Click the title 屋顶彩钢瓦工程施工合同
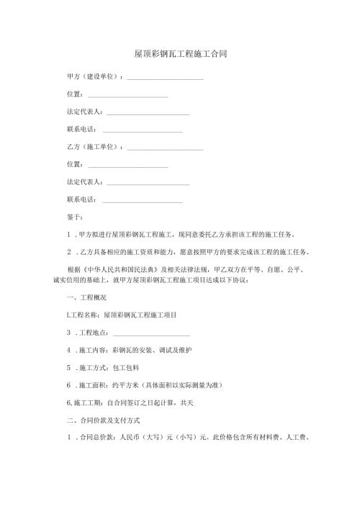tap(181, 55)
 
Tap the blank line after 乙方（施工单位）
tap(165, 148)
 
